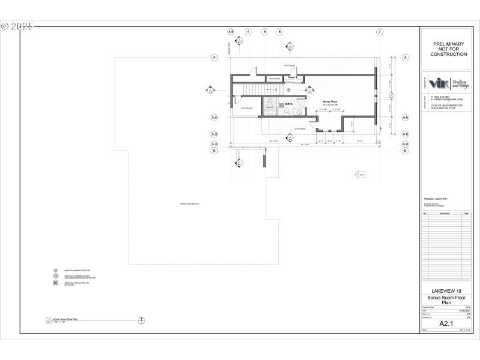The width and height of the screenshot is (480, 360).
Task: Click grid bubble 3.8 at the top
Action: coord(231,31)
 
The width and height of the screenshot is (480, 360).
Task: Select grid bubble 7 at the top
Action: coord(379,31)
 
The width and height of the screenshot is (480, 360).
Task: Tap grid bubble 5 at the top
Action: coord(264,31)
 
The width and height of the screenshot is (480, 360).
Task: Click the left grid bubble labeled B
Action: coord(214,151)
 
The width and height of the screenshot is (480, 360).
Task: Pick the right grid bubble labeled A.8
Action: coord(405,134)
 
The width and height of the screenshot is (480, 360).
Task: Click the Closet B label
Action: coord(293,77)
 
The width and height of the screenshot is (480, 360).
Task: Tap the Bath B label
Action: coord(289,104)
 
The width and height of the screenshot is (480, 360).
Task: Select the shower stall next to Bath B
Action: coord(271,107)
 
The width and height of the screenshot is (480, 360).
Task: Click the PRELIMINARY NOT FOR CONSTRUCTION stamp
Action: coord(448,49)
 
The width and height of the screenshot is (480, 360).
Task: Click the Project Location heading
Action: coord(436,199)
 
